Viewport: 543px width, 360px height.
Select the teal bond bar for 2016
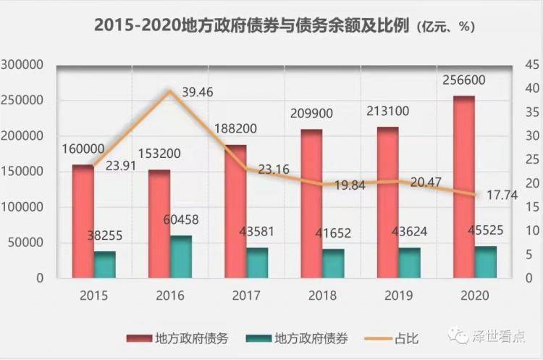coord(181,256)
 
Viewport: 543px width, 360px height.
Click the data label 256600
coord(464,80)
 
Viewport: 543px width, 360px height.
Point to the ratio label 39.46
coord(198,92)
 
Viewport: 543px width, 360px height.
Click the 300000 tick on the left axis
coord(24,65)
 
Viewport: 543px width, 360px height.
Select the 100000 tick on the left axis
coord(24,207)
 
